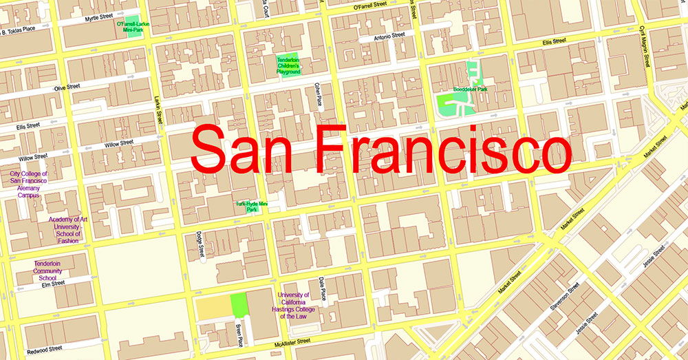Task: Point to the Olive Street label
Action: pyautogui.click(x=67, y=87)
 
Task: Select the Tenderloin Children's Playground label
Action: pyautogui.click(x=289, y=65)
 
